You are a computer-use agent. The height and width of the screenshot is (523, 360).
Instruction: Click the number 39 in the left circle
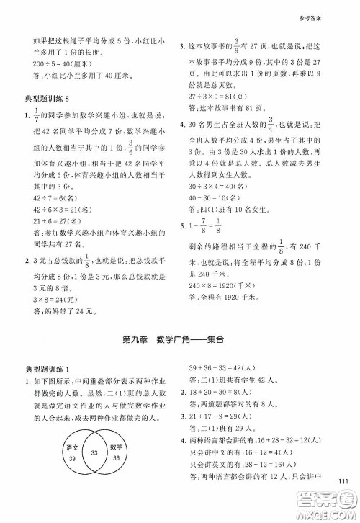71,460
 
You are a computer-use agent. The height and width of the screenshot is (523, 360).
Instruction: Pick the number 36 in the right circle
118,459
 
